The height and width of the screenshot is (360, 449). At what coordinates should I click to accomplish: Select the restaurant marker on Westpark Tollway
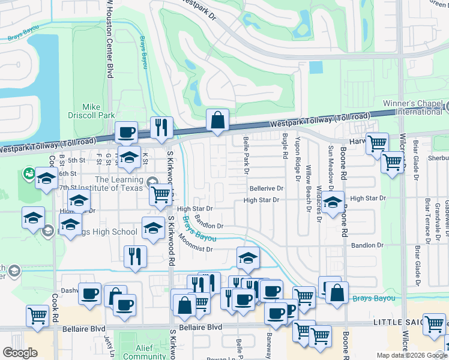[x=161, y=127]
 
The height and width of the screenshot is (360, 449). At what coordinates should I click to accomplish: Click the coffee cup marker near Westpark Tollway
[x=126, y=132]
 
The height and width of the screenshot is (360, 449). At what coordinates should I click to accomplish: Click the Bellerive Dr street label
[x=266, y=188]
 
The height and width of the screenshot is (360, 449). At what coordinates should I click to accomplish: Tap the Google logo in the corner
[x=20, y=353]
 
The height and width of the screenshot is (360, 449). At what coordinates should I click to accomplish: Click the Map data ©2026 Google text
[x=411, y=355]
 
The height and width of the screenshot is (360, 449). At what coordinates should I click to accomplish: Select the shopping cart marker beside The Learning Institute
[x=161, y=195]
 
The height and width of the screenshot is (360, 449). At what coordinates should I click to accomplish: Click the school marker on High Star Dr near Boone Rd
[x=332, y=202]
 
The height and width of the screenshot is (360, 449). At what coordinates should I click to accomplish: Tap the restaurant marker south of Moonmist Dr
[x=135, y=257]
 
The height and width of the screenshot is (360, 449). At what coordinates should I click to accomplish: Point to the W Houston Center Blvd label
[x=109, y=39]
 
